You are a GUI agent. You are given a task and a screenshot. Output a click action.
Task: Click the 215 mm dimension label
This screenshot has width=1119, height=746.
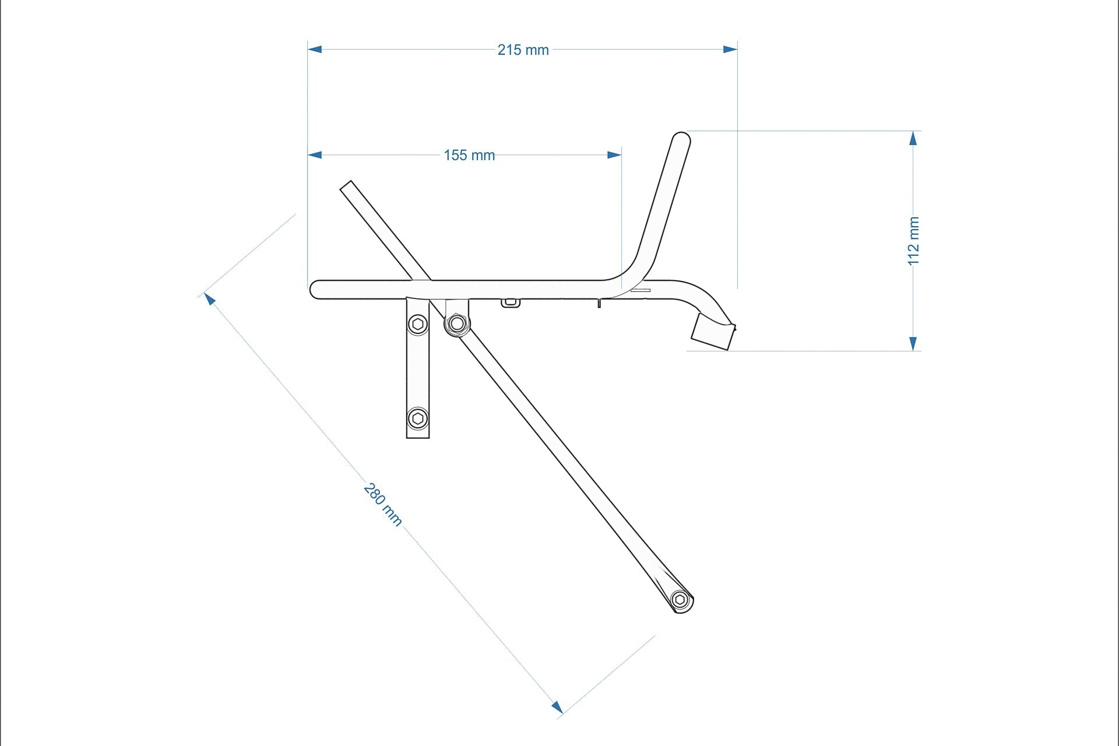click(523, 50)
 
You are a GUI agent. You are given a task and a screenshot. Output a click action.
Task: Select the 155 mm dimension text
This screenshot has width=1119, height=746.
click(469, 156)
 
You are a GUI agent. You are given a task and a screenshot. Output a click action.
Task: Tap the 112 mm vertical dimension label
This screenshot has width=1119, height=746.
click(913, 241)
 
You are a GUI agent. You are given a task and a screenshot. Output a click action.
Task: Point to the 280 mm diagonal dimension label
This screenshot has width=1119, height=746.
click(382, 504)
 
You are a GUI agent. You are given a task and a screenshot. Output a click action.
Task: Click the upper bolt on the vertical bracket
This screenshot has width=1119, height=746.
click(417, 324)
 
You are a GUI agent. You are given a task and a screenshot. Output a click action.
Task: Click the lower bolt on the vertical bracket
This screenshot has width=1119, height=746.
click(417, 418)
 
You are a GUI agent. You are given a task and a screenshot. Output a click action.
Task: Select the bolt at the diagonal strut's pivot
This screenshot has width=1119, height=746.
click(457, 323)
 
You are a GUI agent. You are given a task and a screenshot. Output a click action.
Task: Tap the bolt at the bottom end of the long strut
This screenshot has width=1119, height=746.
click(680, 600)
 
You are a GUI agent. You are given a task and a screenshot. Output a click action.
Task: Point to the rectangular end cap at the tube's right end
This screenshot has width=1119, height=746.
click(712, 331)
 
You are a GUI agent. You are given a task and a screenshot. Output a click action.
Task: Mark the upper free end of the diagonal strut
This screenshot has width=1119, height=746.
click(347, 186)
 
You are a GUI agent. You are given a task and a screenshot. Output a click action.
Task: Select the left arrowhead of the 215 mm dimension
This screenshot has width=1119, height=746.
click(315, 50)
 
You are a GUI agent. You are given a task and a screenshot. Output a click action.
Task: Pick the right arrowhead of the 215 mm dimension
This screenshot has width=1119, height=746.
click(730, 50)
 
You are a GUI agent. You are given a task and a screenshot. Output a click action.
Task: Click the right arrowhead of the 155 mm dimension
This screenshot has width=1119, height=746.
click(614, 155)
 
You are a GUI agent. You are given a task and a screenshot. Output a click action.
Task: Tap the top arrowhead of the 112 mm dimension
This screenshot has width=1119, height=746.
click(913, 138)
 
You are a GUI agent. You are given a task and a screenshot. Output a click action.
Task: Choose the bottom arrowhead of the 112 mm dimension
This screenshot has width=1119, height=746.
click(913, 344)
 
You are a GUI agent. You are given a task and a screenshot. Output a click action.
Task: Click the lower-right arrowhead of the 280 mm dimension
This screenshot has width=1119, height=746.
click(557, 707)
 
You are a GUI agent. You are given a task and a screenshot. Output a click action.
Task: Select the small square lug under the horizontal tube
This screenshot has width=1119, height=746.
click(510, 302)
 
